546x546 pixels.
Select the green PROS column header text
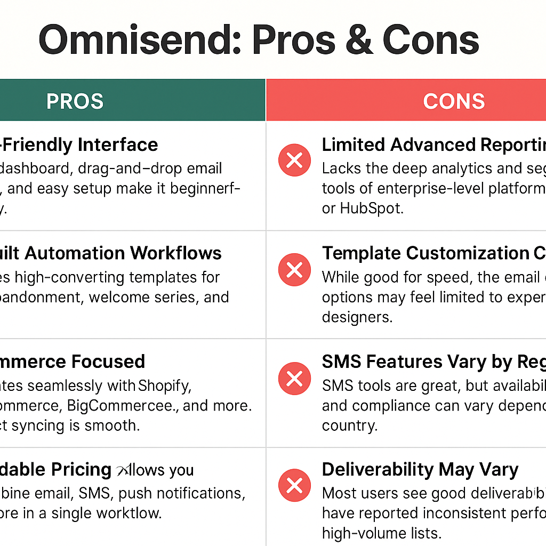tap(75, 101)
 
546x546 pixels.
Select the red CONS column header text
tap(454, 101)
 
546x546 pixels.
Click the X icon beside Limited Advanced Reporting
tap(294, 160)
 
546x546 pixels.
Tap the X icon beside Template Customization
tap(294, 270)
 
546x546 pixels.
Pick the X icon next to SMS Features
tap(294, 379)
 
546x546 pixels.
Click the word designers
tap(357, 317)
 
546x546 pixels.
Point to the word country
tap(349, 425)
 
